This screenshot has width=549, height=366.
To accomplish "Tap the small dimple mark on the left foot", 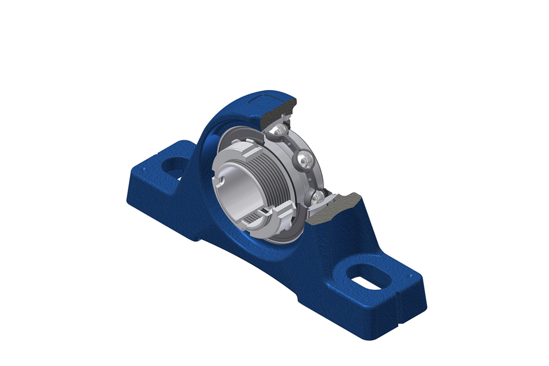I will pos(151,152).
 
